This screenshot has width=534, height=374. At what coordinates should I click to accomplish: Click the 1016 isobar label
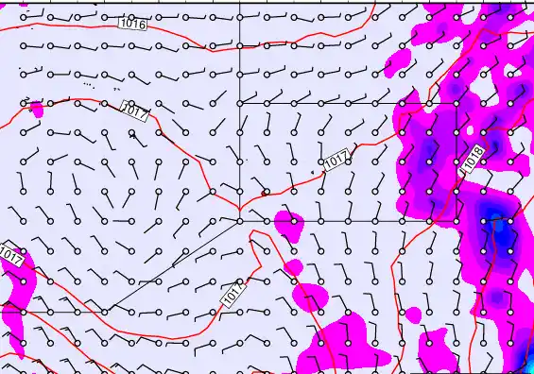[x=133, y=24]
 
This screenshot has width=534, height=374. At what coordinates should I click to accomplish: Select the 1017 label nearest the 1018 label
[x=337, y=162]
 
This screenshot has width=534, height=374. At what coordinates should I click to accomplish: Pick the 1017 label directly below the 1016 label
[x=136, y=113]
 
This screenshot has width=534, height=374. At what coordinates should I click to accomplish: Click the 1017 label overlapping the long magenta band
[x=11, y=254]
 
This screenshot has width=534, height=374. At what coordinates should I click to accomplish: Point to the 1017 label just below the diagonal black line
[x=233, y=294]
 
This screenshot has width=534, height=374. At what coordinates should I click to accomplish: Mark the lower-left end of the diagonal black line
[x=104, y=312]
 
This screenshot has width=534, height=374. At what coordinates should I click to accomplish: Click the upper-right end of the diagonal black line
[x=240, y=221]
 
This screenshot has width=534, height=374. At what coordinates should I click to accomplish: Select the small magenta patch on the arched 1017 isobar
[x=36, y=108]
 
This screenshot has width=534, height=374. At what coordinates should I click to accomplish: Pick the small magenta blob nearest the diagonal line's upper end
[x=288, y=224]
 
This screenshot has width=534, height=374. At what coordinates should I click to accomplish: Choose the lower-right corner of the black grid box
[x=403, y=221]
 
